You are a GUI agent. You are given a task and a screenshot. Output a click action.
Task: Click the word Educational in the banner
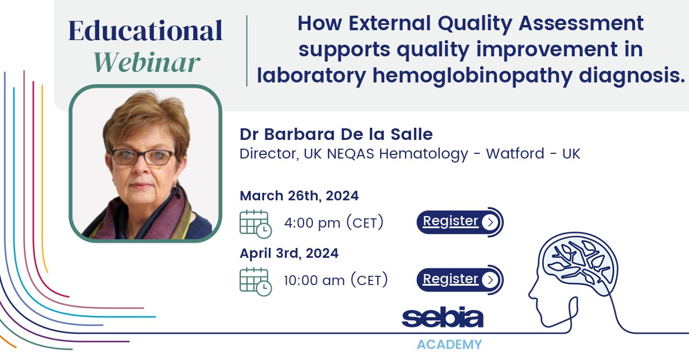point(146,31)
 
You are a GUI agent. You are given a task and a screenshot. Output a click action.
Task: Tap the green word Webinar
point(147,62)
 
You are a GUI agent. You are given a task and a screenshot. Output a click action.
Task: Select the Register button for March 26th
point(460,222)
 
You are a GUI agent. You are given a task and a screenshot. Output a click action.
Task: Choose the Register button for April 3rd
point(460,279)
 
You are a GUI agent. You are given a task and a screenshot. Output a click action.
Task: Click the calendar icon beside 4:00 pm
point(256,224)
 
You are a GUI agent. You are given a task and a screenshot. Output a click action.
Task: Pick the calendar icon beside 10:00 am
point(256,282)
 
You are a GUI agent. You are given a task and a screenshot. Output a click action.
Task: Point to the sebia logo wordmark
point(442,318)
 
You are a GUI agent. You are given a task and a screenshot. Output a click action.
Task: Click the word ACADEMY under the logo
point(449,344)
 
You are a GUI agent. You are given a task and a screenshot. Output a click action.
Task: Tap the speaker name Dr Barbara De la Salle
point(336,134)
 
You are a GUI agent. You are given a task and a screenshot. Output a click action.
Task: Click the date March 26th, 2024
point(300,196)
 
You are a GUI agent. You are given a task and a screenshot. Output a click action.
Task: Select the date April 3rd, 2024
point(289,253)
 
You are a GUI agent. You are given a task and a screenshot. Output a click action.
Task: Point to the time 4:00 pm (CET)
point(334,223)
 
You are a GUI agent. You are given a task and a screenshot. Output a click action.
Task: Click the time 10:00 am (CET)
point(336,280)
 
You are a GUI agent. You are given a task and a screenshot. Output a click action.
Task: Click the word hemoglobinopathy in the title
point(472,75)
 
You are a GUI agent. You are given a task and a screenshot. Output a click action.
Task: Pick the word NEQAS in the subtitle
point(351,154)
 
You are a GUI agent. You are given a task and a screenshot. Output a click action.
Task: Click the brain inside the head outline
point(579,261)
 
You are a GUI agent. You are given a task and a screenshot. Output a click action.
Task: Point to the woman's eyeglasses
point(143,156)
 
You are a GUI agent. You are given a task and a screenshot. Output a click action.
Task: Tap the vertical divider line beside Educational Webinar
point(247,51)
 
